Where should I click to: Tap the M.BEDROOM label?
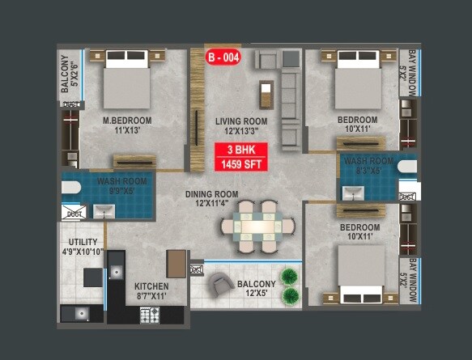click(127, 121)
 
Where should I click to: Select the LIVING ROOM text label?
click(241, 121)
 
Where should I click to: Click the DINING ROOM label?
click(211, 194)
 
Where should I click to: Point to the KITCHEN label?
click(151, 286)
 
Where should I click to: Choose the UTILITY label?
click(83, 242)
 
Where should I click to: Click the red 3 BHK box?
click(241, 150)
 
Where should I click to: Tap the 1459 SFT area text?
click(241, 164)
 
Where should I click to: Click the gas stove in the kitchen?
click(151, 315)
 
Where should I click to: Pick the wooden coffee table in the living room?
click(264, 91)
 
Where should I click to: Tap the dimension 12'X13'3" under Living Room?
click(241, 132)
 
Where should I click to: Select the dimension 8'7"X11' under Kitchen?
click(151, 297)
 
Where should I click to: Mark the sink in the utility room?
click(81, 313)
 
